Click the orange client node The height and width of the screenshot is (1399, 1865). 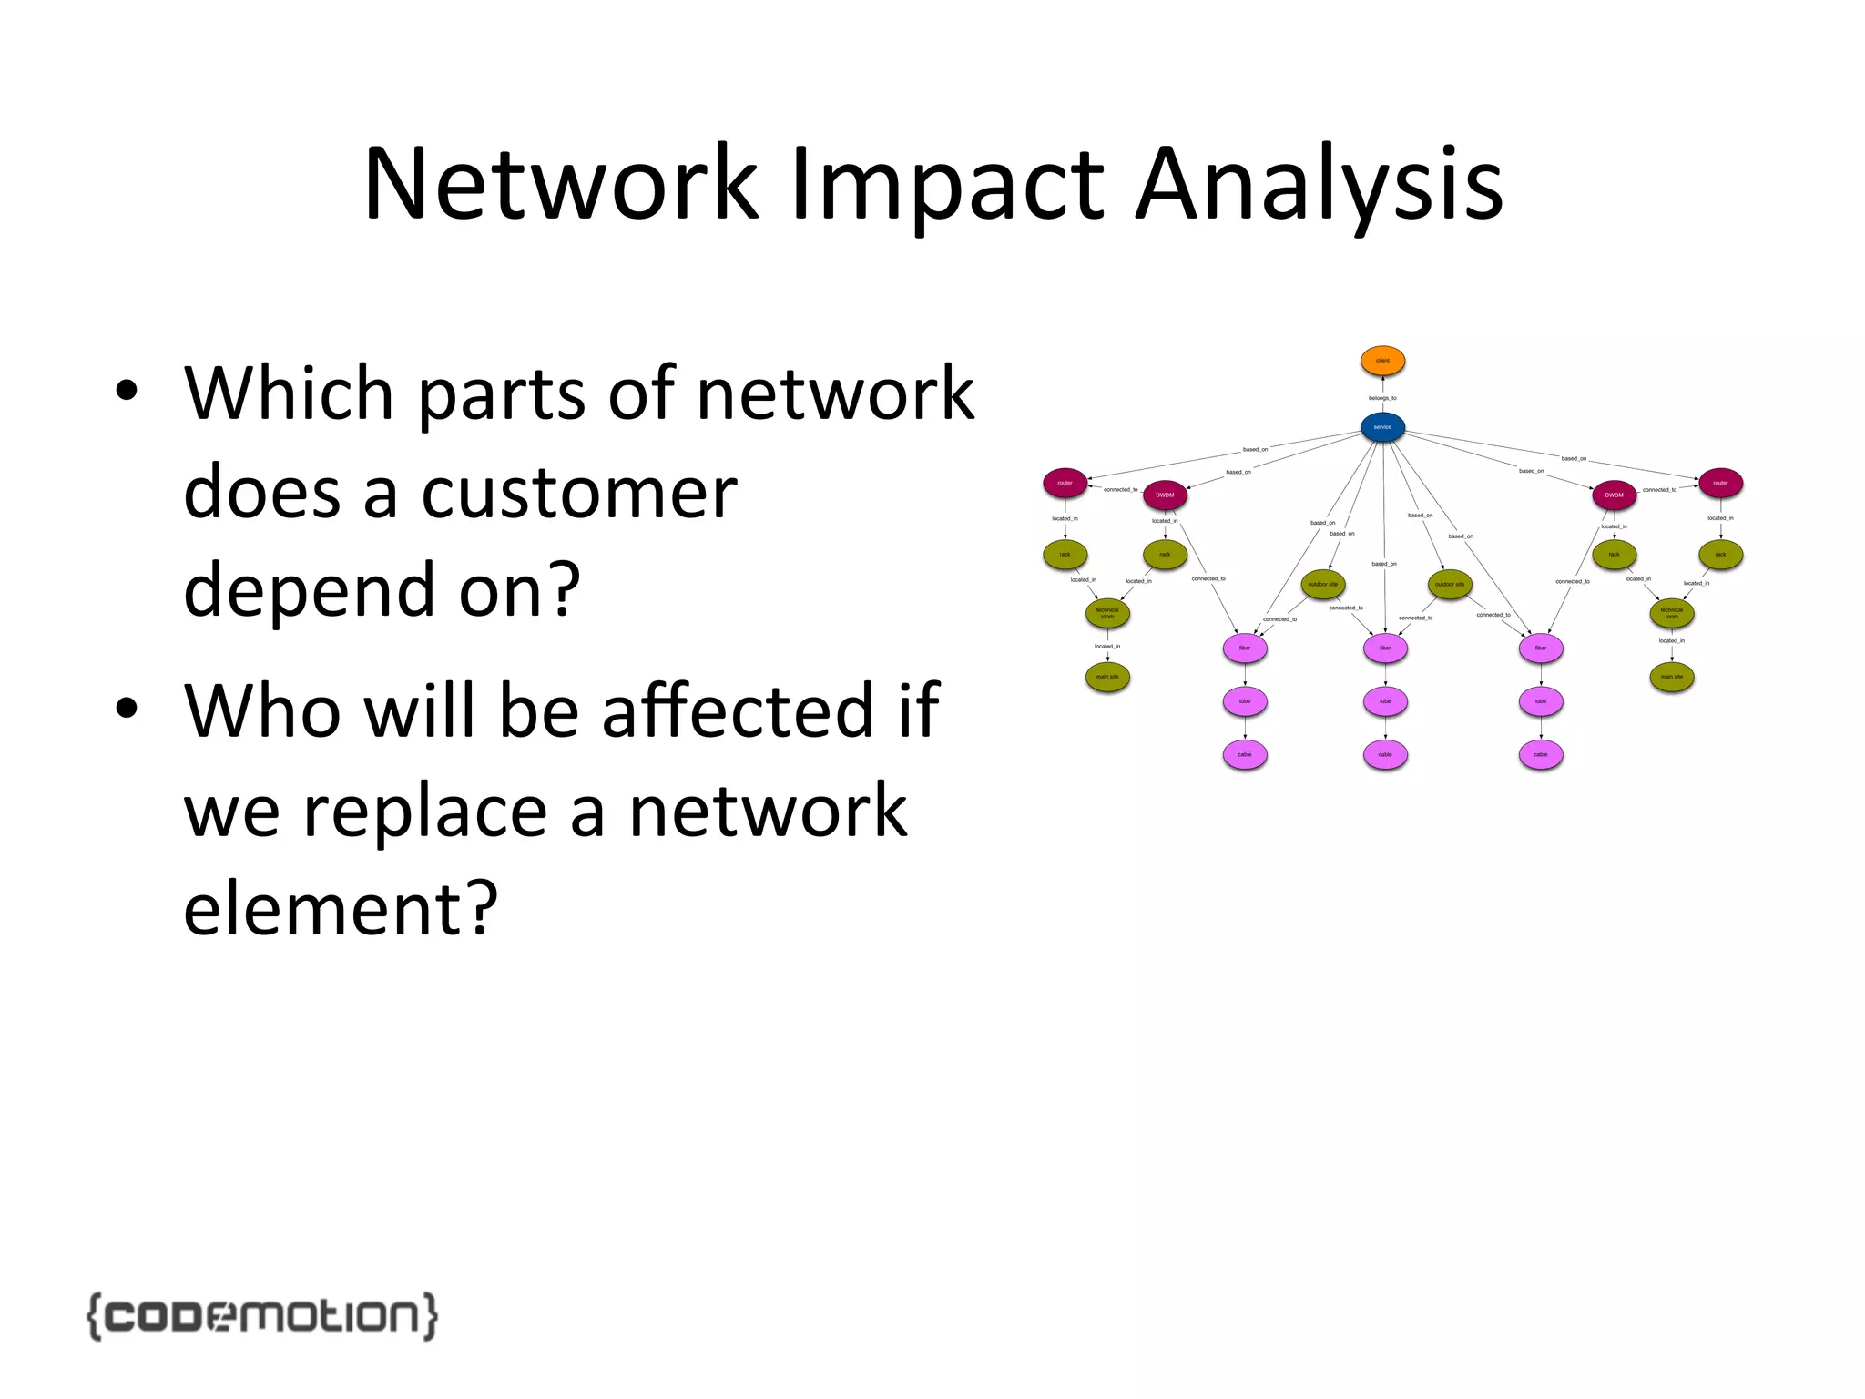1382,361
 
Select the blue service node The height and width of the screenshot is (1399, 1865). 1382,427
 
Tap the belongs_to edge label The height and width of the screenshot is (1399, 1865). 1382,398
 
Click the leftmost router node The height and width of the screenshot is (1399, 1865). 1065,483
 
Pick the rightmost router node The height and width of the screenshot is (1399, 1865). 1720,483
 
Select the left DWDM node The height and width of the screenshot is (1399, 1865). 1165,495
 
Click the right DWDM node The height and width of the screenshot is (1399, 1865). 1614,495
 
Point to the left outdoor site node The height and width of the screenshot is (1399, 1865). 1323,584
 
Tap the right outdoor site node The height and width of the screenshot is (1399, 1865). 1450,584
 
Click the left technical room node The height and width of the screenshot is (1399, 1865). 1107,613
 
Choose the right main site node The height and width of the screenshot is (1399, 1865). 1672,677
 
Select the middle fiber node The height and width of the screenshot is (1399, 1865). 1385,648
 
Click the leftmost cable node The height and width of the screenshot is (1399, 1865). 1245,754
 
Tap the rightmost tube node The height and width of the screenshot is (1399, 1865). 1541,701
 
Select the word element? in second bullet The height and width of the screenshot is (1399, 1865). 341,907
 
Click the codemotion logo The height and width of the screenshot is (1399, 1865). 262,1315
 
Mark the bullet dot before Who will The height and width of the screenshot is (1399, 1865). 127,708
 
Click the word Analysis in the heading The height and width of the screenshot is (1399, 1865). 1320,187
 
